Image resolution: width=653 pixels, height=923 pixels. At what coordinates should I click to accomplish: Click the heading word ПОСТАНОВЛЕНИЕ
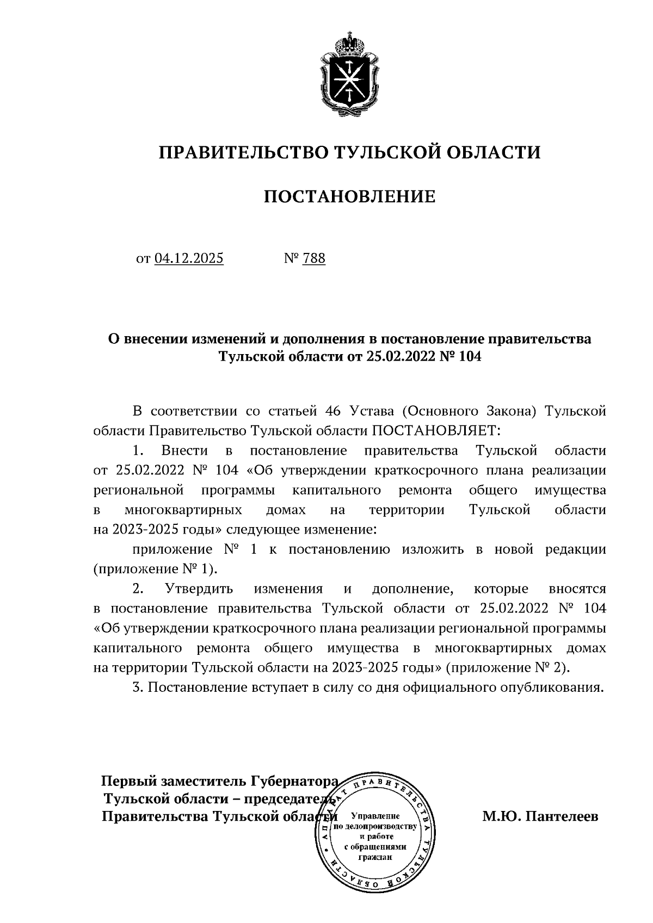(349, 196)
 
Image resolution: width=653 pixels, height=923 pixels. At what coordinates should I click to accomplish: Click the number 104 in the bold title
(470, 357)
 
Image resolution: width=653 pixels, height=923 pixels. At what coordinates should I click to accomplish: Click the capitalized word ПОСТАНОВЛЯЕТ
(435, 431)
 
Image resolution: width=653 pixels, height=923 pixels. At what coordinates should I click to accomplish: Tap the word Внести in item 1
(184, 451)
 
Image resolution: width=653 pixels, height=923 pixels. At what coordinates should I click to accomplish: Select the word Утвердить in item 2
(199, 589)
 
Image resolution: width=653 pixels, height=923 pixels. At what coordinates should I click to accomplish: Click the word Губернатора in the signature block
(294, 782)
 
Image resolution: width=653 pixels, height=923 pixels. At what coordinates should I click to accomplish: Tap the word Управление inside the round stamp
(375, 816)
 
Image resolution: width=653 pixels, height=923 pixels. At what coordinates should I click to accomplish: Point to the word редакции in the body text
(576, 549)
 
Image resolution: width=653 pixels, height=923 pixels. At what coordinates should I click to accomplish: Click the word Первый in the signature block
(129, 782)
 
